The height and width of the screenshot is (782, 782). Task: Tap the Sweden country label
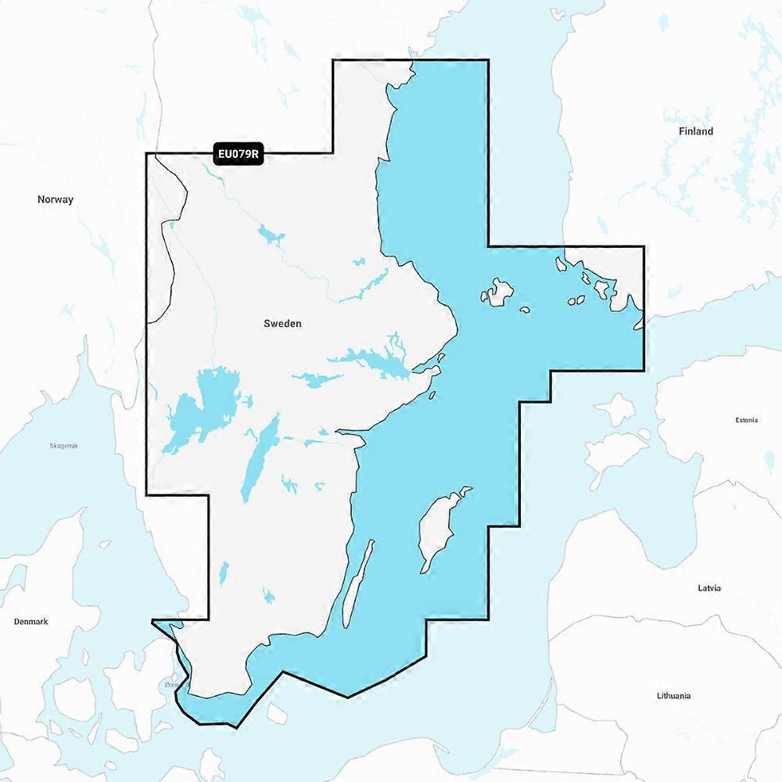click(x=282, y=323)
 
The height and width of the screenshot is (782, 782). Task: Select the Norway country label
click(x=56, y=199)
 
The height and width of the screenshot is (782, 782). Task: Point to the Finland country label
click(x=695, y=131)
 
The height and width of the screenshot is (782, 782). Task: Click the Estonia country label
click(x=746, y=420)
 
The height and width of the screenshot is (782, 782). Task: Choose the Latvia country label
click(x=709, y=587)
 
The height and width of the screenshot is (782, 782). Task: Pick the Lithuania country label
click(x=673, y=695)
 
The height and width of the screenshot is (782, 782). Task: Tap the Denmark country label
click(x=30, y=622)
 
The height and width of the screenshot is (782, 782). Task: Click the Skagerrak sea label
click(x=64, y=445)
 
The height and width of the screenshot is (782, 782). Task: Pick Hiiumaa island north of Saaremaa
click(x=618, y=407)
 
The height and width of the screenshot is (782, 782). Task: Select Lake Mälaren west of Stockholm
click(x=368, y=361)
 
